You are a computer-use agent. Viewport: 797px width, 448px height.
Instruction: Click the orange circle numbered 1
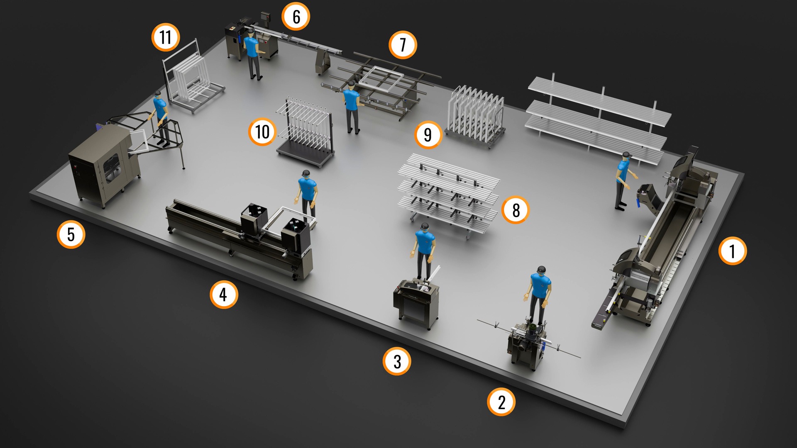tap(733, 251)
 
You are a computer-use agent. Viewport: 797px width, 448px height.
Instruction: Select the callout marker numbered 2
tap(501, 402)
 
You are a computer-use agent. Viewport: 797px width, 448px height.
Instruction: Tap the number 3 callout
tap(397, 361)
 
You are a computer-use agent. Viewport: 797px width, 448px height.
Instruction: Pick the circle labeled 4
tap(224, 295)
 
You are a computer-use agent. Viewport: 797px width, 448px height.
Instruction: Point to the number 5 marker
tap(71, 234)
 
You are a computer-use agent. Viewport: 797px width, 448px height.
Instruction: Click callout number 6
tap(296, 17)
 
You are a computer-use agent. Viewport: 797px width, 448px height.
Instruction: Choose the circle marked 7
tap(403, 45)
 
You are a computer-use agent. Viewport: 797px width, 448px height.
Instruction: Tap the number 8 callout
tap(516, 210)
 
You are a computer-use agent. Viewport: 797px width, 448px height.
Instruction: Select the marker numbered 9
tap(428, 135)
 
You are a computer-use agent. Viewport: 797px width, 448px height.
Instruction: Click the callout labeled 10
tap(262, 132)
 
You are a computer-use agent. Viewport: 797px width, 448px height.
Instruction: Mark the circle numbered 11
tap(166, 37)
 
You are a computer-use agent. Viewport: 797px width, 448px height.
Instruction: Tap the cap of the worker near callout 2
tap(541, 270)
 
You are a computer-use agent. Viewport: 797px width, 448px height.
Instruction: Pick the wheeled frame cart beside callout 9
tap(476, 116)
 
